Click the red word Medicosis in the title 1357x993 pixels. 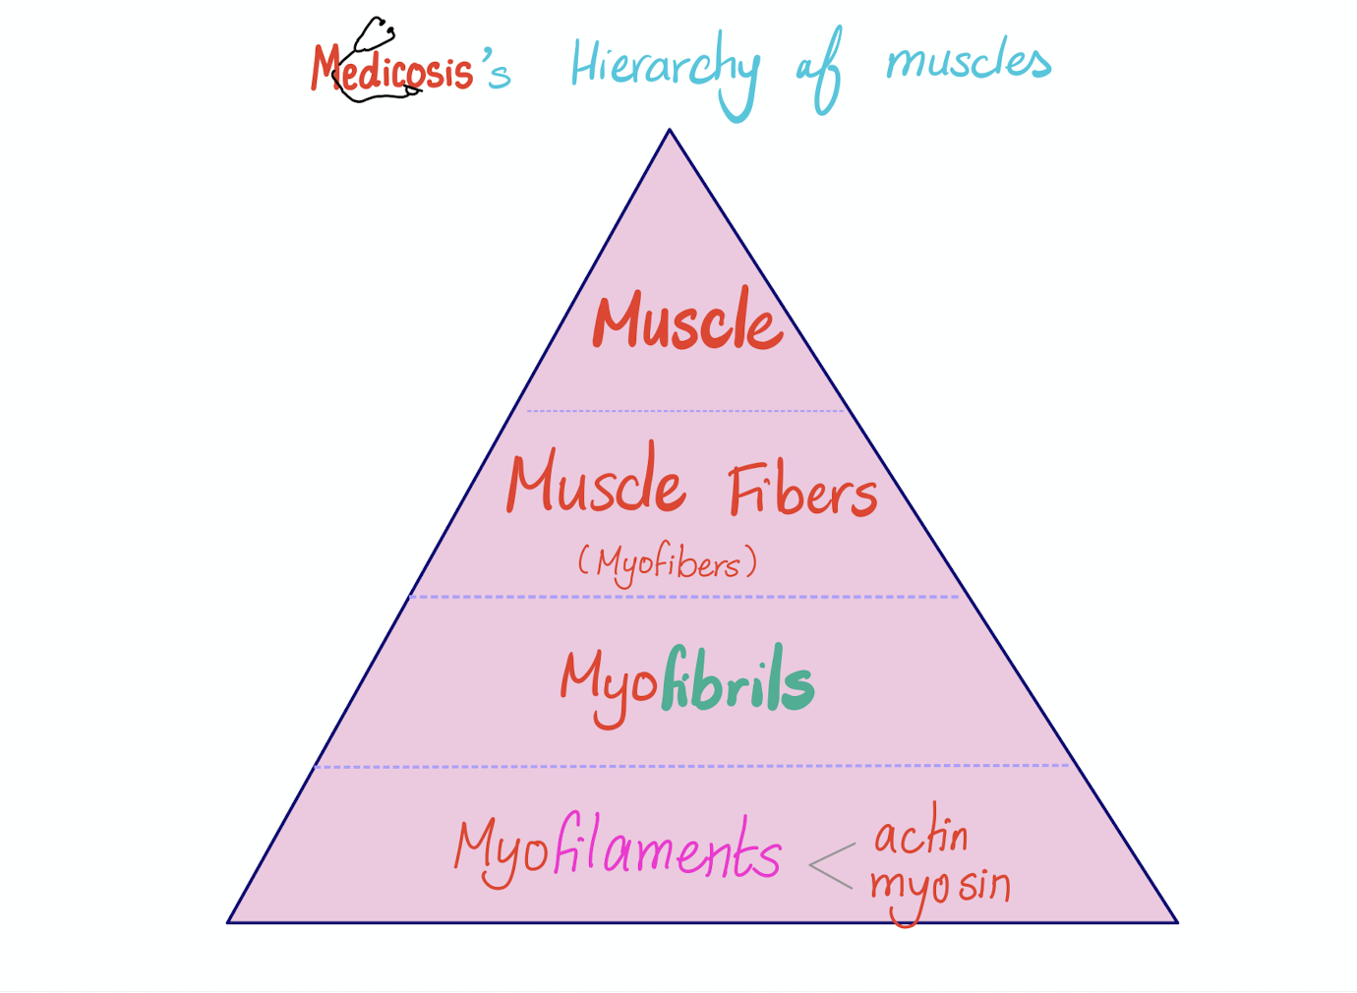pos(393,71)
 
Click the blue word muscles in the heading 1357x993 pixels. pos(969,62)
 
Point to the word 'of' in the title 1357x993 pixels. pos(818,69)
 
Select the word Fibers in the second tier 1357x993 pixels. pos(802,492)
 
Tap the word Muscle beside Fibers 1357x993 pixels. pos(596,482)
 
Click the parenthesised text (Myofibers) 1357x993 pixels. pos(668,563)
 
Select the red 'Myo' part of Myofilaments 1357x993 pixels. pos(501,850)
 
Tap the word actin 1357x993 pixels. pos(921,835)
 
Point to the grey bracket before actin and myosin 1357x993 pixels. pos(831,865)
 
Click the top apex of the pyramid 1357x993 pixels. pos(670,131)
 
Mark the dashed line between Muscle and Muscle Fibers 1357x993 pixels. pos(685,411)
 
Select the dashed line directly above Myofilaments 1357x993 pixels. pos(692,766)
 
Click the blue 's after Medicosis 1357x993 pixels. pos(495,69)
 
